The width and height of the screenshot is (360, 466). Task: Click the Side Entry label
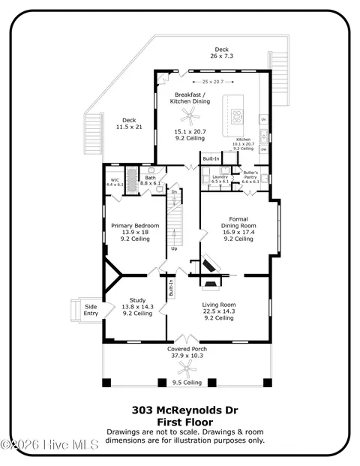(91, 309)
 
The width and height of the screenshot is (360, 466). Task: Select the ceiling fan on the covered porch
(184, 368)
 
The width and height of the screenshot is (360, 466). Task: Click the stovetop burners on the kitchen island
(238, 116)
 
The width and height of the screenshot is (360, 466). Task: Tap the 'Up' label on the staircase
(175, 248)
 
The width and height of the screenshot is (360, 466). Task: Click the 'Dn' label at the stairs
(174, 192)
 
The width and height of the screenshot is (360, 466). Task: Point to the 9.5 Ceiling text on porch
(187, 383)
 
